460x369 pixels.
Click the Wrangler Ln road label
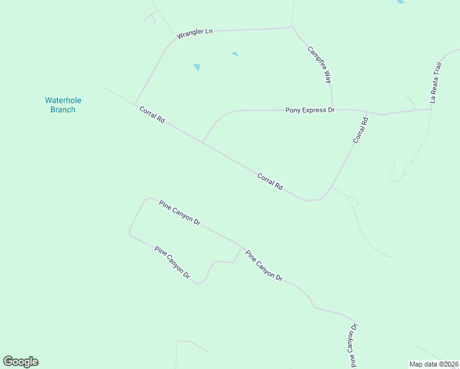pyautogui.click(x=194, y=33)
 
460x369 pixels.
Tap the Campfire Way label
pyautogui.click(x=320, y=65)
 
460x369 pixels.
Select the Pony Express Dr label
pyautogui.click(x=309, y=110)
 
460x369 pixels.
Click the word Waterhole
pyautogui.click(x=63, y=100)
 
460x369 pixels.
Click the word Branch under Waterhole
pyautogui.click(x=63, y=109)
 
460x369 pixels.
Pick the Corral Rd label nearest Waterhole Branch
pyautogui.click(x=151, y=116)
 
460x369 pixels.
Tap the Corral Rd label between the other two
pyautogui.click(x=270, y=181)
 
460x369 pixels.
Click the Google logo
pyautogui.click(x=20, y=362)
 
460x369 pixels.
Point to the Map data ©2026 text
pyautogui.click(x=433, y=364)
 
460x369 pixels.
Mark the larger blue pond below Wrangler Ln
pyautogui.click(x=197, y=67)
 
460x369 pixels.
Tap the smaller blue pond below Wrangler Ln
pyautogui.click(x=234, y=54)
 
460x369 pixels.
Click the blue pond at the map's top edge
pyautogui.click(x=401, y=2)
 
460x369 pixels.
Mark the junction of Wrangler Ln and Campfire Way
pyautogui.click(x=292, y=26)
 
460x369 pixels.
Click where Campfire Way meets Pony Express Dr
pyautogui.click(x=333, y=109)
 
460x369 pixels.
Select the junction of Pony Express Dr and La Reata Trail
pyautogui.click(x=431, y=109)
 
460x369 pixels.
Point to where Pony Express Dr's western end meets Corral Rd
pyautogui.click(x=203, y=143)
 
